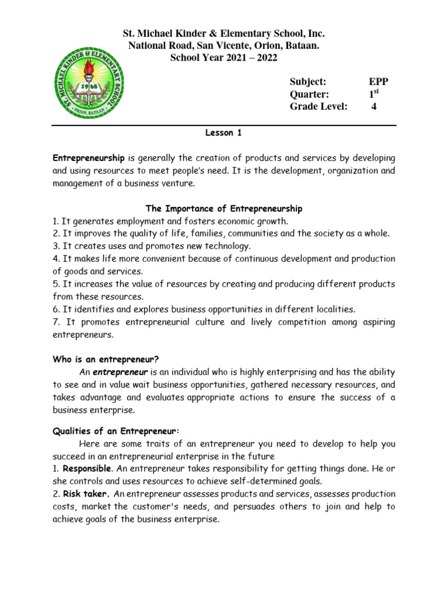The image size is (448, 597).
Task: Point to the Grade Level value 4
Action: pyautogui.click(x=374, y=106)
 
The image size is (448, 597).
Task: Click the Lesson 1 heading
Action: pyautogui.click(x=223, y=133)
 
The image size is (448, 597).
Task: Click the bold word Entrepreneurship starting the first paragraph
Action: pyautogui.click(x=89, y=158)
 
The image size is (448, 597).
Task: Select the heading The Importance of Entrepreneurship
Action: pyautogui.click(x=224, y=208)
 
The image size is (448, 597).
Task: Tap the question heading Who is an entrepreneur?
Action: pyautogui.click(x=106, y=360)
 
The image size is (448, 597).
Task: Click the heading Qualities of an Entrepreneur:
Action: pyautogui.click(x=117, y=431)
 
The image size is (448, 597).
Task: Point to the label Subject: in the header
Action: pyautogui.click(x=308, y=82)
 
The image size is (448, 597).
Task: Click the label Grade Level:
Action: pyautogui.click(x=318, y=106)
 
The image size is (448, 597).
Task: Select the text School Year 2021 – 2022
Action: pyautogui.click(x=223, y=58)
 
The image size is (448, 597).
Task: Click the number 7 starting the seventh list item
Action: pyautogui.click(x=55, y=322)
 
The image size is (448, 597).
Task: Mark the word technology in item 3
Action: pyautogui.click(x=228, y=246)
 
